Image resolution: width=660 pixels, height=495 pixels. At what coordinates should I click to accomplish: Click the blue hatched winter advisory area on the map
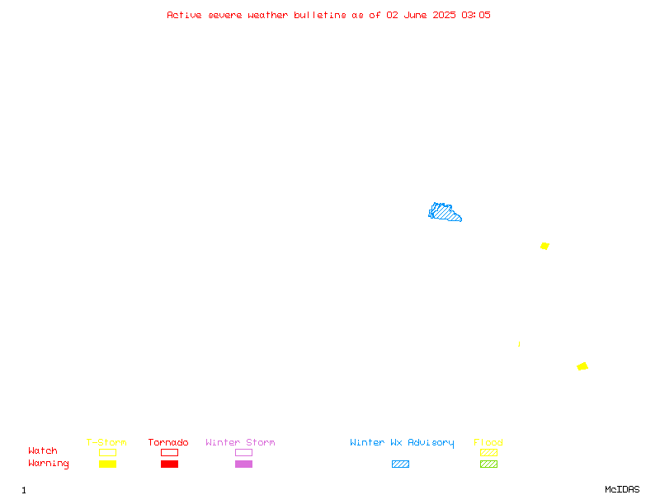(x=444, y=212)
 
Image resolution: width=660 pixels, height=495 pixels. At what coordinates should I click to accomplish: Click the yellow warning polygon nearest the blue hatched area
(x=544, y=246)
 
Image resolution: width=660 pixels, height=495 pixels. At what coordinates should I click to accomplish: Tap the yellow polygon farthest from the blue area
(x=582, y=366)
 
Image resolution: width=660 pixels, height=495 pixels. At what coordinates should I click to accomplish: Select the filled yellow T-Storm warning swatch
(x=108, y=464)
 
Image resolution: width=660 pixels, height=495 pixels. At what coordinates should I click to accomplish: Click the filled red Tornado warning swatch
(x=170, y=464)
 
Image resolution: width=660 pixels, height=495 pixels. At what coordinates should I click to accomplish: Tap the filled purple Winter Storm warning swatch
(x=243, y=464)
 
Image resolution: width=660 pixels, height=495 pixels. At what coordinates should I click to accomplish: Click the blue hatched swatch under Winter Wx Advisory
(x=400, y=464)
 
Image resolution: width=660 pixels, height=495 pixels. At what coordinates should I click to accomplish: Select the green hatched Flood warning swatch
(x=488, y=464)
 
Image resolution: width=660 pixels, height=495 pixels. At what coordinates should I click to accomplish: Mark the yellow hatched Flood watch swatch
(x=488, y=452)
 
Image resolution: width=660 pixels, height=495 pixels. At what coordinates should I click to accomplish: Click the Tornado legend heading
(x=168, y=442)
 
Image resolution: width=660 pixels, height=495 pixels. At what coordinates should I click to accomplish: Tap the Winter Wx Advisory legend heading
(x=402, y=443)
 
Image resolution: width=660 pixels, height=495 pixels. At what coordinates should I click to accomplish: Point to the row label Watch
(x=43, y=450)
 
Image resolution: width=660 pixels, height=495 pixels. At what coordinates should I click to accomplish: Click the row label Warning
(x=49, y=464)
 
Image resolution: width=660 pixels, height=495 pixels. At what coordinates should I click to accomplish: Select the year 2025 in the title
(x=444, y=15)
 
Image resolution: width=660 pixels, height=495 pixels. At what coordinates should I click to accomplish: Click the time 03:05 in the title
(x=476, y=15)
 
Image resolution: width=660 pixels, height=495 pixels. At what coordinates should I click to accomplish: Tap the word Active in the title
(x=184, y=15)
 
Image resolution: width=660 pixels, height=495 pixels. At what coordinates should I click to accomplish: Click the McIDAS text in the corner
(x=622, y=489)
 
